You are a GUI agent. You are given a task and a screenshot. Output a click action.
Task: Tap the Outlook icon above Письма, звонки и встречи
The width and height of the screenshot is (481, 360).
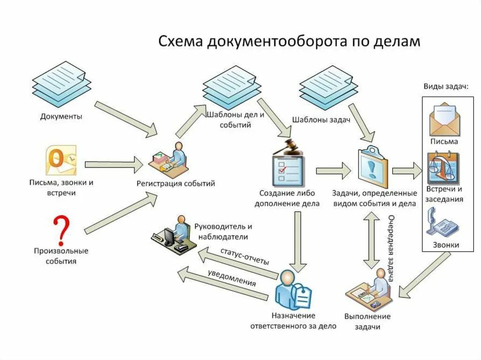61,161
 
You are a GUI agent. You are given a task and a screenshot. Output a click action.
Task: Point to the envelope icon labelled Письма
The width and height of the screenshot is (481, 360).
444,119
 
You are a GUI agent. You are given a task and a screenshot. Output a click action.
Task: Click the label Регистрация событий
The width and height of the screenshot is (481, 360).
176,184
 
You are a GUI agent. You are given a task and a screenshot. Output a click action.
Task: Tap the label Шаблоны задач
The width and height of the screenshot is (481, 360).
321,120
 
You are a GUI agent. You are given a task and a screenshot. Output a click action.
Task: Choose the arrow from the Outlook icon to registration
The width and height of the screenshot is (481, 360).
114,164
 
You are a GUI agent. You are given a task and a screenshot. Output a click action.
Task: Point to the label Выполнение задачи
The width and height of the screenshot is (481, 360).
367,322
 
